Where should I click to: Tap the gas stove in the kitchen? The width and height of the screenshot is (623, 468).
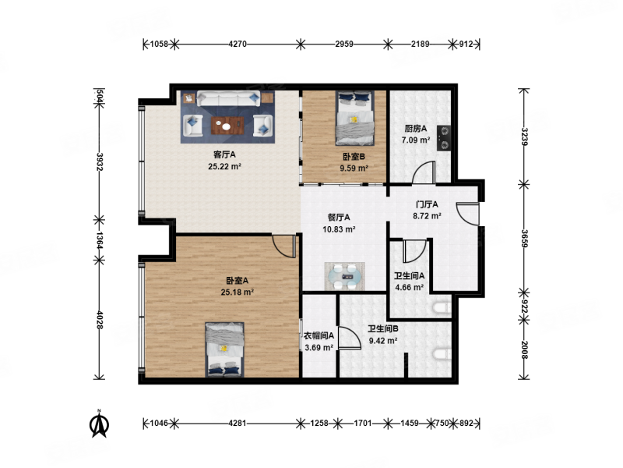443,138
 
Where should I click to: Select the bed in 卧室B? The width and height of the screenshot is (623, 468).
355,119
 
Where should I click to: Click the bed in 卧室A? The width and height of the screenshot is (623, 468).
224,349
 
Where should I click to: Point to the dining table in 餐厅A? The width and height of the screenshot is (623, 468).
344,276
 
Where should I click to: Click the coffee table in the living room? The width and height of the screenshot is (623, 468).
227,126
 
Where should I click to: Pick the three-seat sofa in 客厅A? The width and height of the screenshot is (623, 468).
228,99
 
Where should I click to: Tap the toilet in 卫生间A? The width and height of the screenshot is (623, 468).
442,308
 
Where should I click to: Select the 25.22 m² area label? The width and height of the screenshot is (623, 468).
225,166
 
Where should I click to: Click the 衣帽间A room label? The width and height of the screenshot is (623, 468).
319,336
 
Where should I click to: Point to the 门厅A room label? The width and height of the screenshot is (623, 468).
427,204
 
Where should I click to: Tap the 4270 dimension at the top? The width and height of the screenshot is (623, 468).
238,44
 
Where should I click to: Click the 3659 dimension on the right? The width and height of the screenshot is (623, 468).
525,239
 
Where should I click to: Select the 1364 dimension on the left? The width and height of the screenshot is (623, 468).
100,241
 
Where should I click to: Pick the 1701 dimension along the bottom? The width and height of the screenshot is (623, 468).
363,423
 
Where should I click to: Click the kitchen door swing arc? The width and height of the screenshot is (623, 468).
421,169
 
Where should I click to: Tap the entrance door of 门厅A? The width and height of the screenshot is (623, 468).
468,214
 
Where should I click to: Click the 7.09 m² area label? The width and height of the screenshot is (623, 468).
416,140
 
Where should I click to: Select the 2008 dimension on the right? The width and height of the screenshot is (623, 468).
525,349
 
